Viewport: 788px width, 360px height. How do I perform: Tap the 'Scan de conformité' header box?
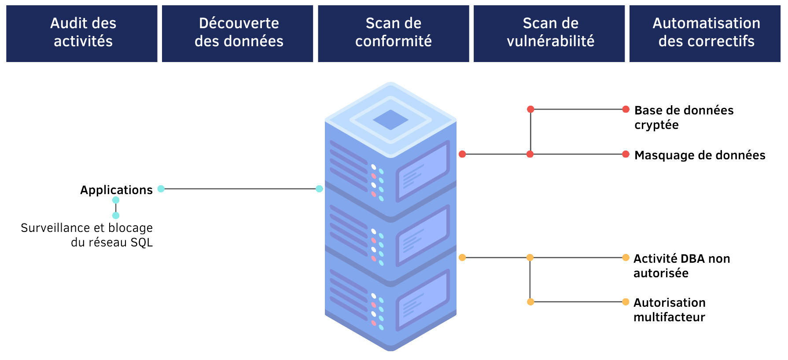394,33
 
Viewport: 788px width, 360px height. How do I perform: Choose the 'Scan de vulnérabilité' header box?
549,33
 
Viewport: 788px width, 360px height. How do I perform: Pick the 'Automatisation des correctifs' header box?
705,33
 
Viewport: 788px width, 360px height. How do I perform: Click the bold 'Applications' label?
116,190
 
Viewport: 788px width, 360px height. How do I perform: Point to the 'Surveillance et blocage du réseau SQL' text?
87,235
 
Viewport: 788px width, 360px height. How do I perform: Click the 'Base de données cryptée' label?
684,117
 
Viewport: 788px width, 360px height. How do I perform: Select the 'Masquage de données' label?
700,155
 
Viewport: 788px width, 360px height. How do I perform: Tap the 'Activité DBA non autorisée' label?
681,265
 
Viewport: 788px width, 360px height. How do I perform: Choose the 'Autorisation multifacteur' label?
669,309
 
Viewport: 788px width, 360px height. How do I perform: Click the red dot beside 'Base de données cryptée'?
626,109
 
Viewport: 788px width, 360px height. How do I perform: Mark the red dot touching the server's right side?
462,154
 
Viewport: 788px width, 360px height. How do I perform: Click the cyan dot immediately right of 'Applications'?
161,189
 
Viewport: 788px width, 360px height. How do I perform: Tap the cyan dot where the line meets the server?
319,189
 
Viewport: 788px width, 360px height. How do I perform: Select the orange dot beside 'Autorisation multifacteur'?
626,302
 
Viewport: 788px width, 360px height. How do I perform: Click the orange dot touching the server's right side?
462,257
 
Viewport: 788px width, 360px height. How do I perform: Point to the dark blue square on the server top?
390,120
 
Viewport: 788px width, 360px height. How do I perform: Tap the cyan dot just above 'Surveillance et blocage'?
116,215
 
